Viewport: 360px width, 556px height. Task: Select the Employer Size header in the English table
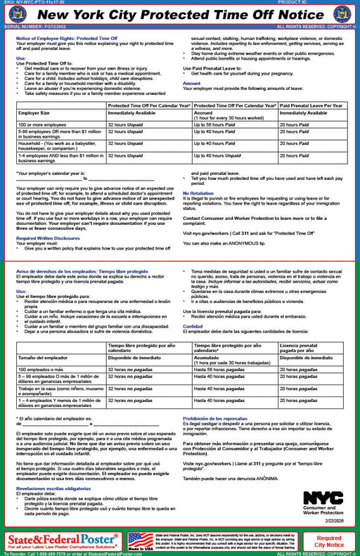(33, 112)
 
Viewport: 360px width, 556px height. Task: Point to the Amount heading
(191, 84)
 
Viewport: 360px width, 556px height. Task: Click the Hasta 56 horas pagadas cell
(218, 368)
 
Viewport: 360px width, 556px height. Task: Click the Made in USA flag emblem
(141, 540)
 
